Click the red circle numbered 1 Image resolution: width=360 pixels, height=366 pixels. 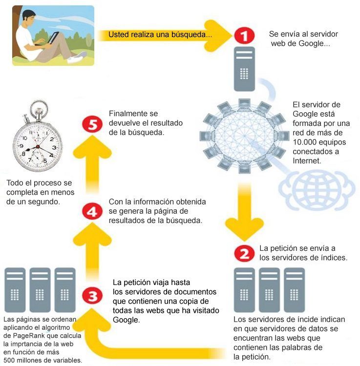click(244, 36)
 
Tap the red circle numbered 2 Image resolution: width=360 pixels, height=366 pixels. click(244, 253)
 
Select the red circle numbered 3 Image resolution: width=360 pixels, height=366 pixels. click(92, 296)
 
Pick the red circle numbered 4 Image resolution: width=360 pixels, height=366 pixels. click(92, 211)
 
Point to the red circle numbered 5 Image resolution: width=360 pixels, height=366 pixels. click(92, 124)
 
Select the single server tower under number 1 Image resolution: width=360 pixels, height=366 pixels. click(244, 69)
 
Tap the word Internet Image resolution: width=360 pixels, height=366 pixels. click(307, 161)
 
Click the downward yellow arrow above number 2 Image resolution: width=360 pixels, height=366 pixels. click(244, 212)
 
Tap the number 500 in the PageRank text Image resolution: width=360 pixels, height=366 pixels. click(9, 360)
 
